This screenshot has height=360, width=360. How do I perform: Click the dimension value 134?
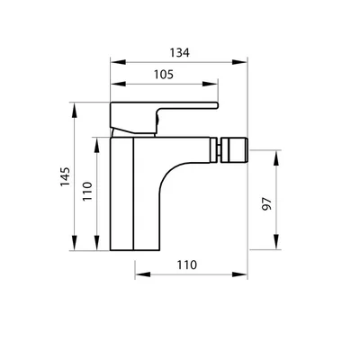pyautogui.click(x=180, y=53)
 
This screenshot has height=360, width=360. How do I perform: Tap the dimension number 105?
pyautogui.click(x=164, y=75)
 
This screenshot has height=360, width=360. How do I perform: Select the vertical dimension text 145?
pyautogui.click(x=65, y=176)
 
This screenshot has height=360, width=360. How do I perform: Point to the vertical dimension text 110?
pyautogui.click(x=87, y=192)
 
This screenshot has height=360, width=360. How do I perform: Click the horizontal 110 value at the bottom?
pyautogui.click(x=187, y=265)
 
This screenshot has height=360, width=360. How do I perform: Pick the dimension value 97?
pyautogui.click(x=266, y=204)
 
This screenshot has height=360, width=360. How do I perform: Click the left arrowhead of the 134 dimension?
pyautogui.click(x=118, y=62)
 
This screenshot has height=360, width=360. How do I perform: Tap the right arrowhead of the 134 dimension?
pyautogui.click(x=239, y=62)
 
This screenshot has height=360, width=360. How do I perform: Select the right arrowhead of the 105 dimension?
pyautogui.click(x=210, y=84)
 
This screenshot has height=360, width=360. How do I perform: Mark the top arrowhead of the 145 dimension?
pyautogui.click(x=74, y=110)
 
